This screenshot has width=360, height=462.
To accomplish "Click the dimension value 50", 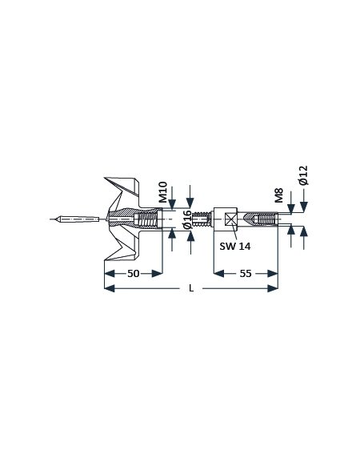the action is [133, 274].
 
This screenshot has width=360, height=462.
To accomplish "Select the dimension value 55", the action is [246, 274].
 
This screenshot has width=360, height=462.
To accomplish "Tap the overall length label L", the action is [191, 288].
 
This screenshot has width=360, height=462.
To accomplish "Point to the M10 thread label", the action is [162, 192].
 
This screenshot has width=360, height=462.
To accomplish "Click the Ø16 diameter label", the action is [187, 220].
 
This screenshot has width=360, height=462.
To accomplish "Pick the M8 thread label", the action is [278, 195].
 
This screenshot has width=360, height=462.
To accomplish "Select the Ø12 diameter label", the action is [303, 175].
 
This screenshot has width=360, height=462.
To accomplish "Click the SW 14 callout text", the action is [235, 246].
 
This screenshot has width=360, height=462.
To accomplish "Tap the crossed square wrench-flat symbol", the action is [230, 219].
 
